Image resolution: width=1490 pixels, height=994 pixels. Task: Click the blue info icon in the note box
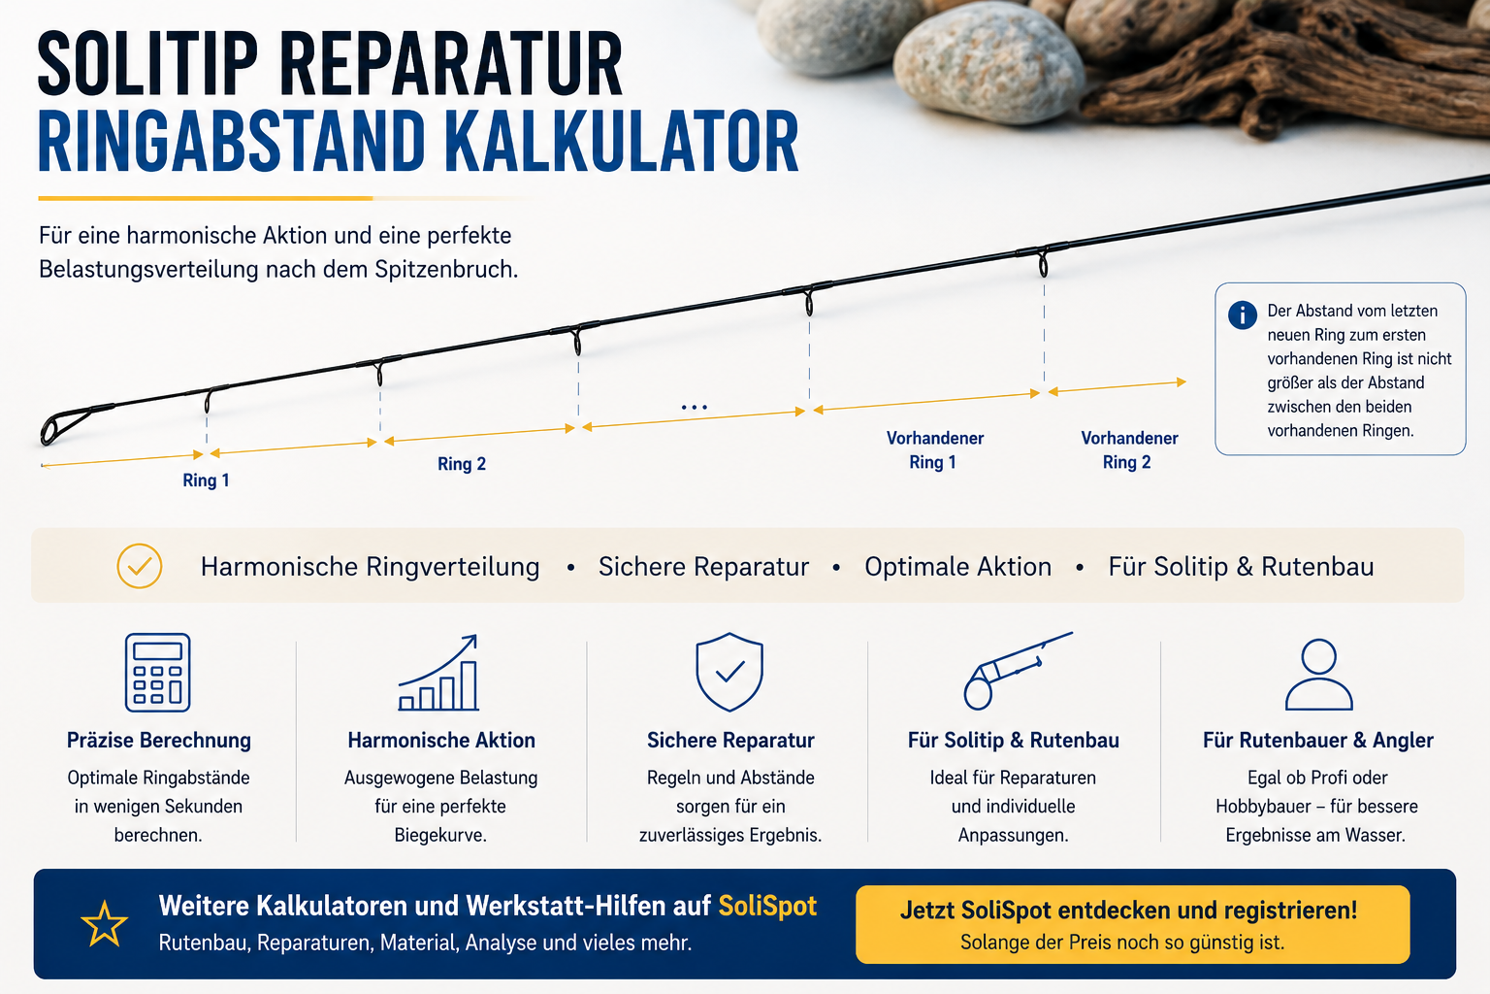click(1242, 315)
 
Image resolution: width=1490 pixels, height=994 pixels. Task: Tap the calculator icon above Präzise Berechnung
click(158, 673)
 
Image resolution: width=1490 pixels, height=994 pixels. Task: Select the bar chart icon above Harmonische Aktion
click(439, 673)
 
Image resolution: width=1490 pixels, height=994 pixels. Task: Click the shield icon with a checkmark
click(729, 672)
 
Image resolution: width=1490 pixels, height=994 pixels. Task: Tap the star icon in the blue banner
click(104, 923)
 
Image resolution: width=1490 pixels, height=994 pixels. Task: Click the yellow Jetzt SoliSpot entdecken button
click(1132, 924)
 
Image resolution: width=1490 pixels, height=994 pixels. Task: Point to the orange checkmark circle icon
click(139, 566)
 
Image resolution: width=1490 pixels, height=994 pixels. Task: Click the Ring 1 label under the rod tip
click(207, 480)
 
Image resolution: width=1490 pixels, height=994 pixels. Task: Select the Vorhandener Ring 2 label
click(1129, 450)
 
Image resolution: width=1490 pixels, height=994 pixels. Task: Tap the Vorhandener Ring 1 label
click(934, 450)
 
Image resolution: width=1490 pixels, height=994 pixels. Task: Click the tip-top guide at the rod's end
click(60, 426)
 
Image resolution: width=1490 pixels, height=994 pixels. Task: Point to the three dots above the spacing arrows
click(694, 407)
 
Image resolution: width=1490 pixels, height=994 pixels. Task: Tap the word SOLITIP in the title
click(147, 65)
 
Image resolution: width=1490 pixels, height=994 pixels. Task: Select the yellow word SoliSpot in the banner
click(767, 906)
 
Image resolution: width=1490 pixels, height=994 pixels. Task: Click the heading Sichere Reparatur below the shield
click(730, 741)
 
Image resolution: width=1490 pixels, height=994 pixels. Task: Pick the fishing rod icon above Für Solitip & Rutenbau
click(1018, 671)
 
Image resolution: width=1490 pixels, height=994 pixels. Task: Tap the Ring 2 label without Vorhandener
click(462, 464)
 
